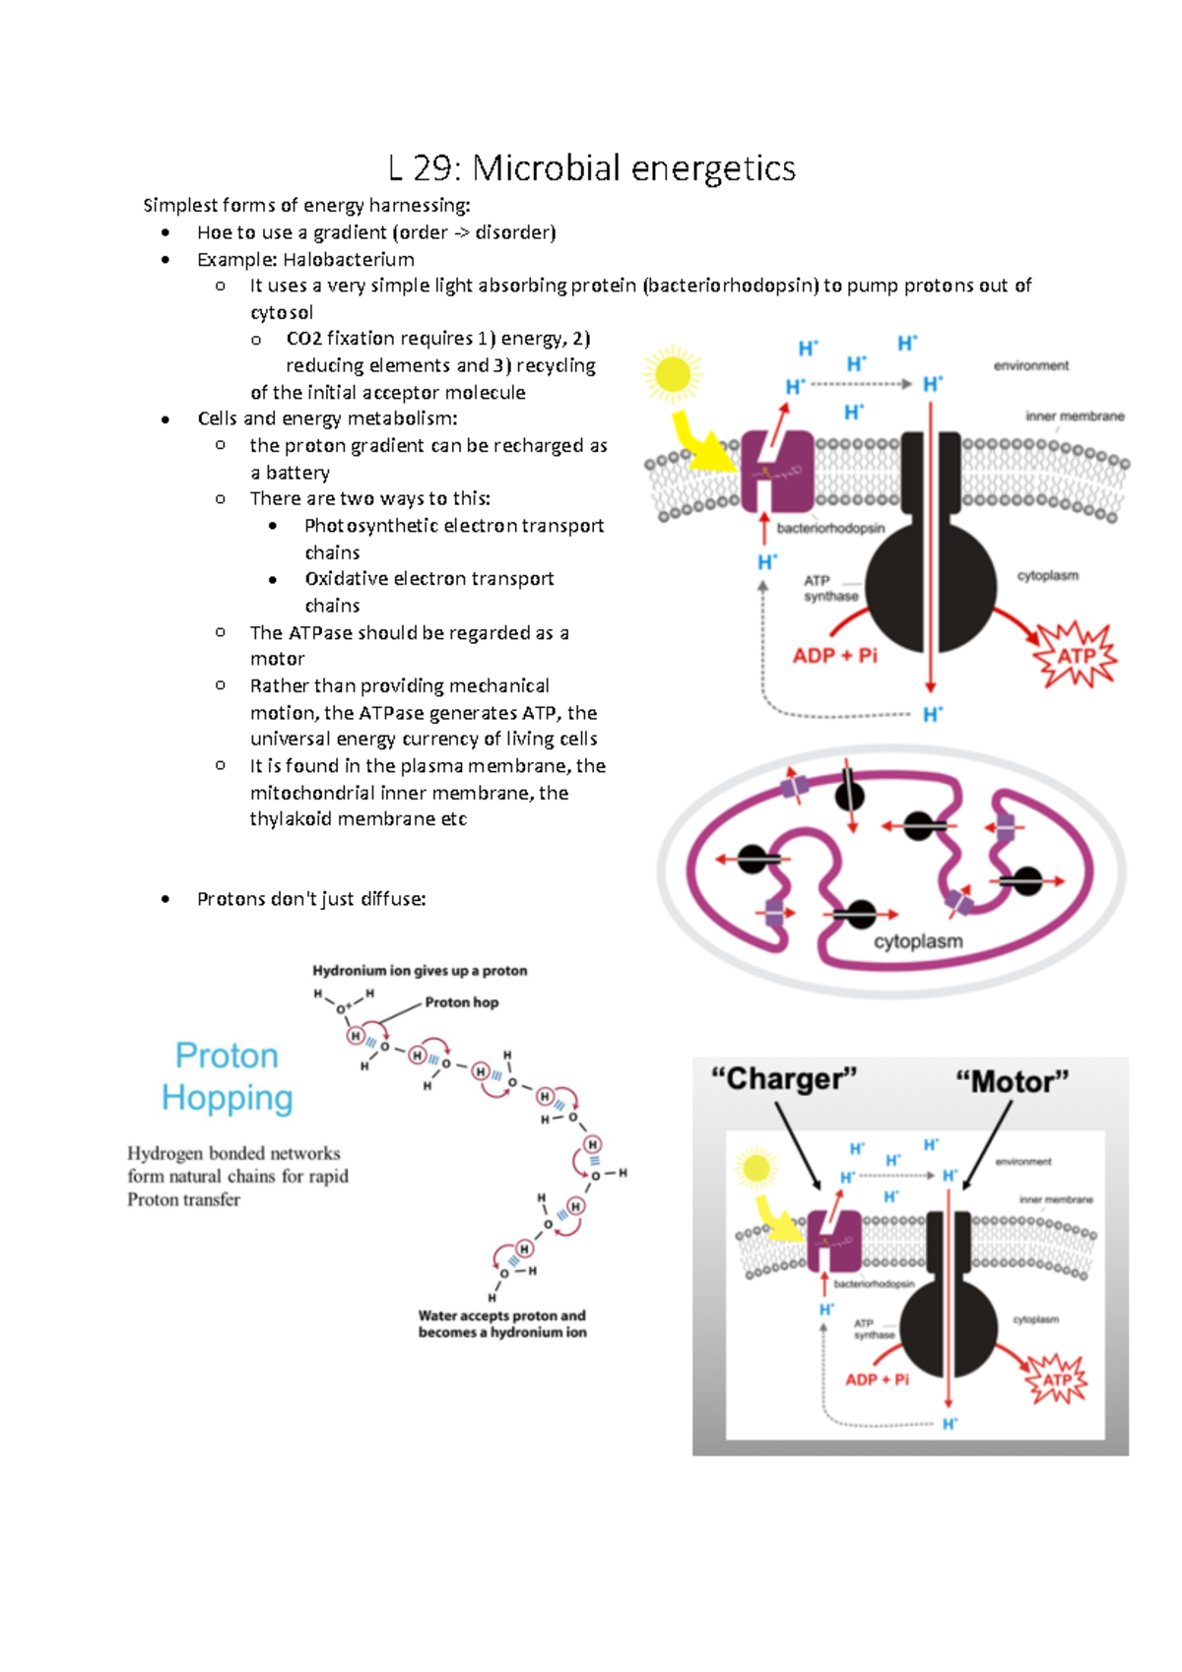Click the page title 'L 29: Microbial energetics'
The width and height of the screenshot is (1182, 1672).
(x=592, y=168)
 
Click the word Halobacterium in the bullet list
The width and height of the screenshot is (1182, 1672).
(x=348, y=260)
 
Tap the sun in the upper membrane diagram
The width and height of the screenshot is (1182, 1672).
(x=673, y=375)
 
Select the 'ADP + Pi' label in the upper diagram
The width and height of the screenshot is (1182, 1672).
(x=834, y=656)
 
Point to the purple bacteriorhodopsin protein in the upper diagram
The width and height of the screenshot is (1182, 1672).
(x=777, y=471)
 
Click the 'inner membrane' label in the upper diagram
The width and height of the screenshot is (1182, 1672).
(x=1075, y=417)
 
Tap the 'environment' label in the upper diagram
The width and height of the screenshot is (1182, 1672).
(x=1030, y=365)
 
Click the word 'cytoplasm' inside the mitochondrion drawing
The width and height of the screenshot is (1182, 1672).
(x=918, y=941)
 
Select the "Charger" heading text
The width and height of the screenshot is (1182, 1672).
(x=784, y=1079)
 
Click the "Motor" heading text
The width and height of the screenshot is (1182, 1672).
(x=1012, y=1082)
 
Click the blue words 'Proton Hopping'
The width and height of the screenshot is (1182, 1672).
(x=228, y=1076)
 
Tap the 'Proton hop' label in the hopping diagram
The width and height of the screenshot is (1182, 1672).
(x=461, y=1002)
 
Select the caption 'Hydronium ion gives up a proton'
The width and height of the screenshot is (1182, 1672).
(x=420, y=971)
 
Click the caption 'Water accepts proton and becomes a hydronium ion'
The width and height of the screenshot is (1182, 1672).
(x=502, y=1323)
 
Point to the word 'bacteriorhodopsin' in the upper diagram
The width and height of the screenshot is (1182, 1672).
(x=830, y=529)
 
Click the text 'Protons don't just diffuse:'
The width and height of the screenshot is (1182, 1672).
(x=311, y=899)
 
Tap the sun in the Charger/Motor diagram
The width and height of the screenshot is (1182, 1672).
(x=756, y=1169)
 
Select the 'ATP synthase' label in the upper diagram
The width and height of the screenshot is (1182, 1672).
(x=830, y=589)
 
